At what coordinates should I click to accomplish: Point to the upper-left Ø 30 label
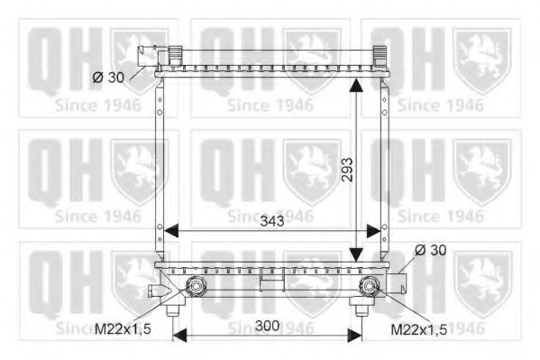point(108,78)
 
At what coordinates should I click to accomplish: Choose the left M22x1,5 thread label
point(123,329)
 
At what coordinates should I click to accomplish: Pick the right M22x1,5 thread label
point(418,329)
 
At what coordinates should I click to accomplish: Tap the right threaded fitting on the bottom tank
point(368,288)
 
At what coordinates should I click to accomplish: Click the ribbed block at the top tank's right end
point(379,55)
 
